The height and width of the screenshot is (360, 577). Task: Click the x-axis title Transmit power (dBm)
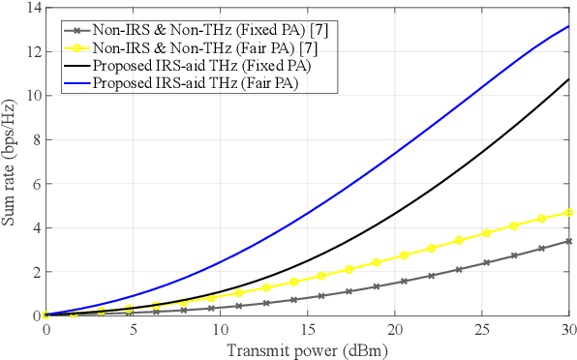tap(307, 349)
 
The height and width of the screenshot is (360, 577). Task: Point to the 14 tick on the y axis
tap(34, 8)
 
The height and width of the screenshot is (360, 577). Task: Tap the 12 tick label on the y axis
tap(34, 51)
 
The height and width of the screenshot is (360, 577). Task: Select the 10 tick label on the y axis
tap(34, 96)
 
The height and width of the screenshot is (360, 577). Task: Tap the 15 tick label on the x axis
tap(307, 330)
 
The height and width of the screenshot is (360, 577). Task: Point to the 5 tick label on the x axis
tap(134, 330)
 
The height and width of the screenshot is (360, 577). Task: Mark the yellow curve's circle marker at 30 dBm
tap(568, 212)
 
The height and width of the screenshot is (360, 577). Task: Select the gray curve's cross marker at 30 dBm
tap(568, 241)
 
